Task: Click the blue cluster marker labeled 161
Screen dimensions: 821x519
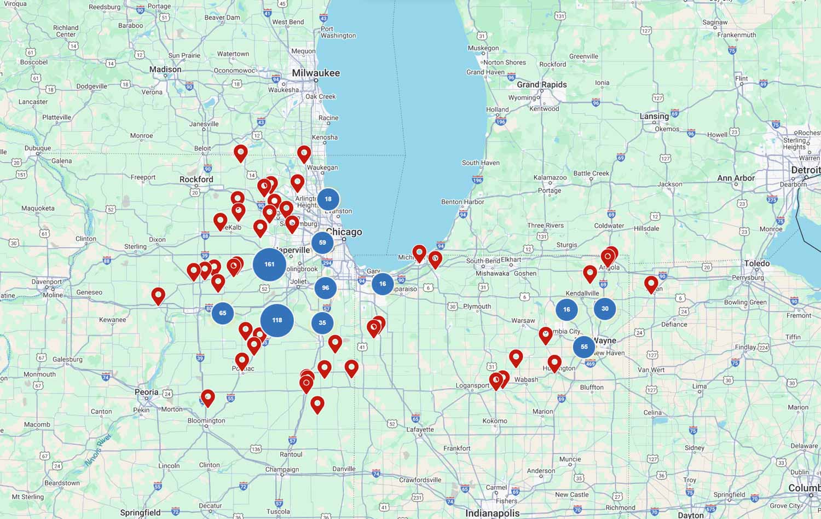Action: pos(269,264)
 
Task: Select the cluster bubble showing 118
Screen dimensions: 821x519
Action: pos(277,320)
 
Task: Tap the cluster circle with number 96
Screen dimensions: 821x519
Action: pos(326,288)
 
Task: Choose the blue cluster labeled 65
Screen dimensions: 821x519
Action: pos(223,313)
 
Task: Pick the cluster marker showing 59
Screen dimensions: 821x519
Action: pos(322,243)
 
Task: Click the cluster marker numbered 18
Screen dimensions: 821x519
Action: pos(328,199)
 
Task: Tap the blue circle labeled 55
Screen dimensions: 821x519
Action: pos(584,347)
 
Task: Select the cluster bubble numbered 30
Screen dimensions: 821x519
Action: pos(605,309)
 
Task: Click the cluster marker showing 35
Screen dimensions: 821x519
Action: pos(322,323)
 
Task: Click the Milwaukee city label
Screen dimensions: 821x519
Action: pos(316,73)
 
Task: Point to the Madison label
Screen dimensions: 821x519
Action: pos(165,70)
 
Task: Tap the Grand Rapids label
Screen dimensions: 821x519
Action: pos(542,84)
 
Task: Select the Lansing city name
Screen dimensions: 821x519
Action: pos(654,116)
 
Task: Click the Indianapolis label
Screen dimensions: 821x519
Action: pos(492,513)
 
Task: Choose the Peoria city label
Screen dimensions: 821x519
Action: pos(147,392)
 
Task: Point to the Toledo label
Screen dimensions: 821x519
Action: pos(757,263)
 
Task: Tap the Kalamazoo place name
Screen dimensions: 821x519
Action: pos(550,177)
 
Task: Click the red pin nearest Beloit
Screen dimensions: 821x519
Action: pos(240,153)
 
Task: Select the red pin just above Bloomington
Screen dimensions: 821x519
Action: pos(207,397)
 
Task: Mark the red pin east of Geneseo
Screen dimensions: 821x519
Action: pos(158,296)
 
